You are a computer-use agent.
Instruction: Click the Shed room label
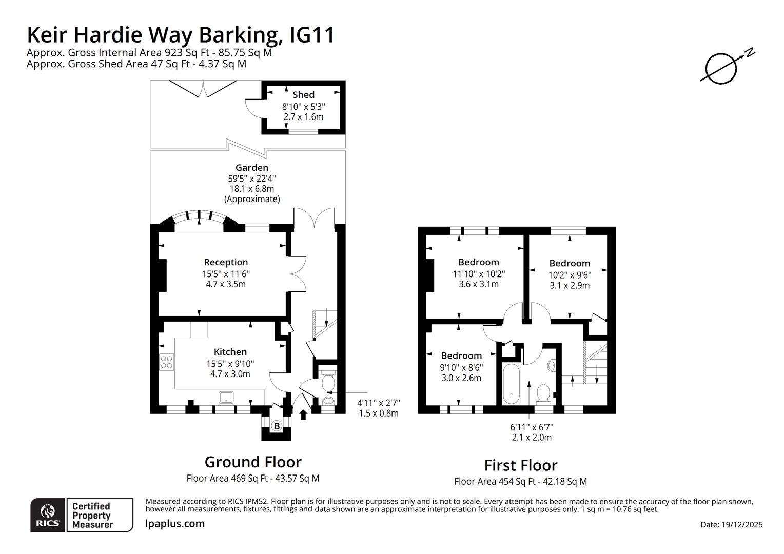click(x=303, y=95)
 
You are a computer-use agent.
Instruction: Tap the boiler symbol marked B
click(x=276, y=426)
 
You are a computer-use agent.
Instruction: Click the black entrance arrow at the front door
click(x=303, y=414)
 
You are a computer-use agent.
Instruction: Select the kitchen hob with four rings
click(x=166, y=362)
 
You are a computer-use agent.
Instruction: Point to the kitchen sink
click(x=226, y=397)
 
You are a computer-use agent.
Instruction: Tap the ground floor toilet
click(x=327, y=381)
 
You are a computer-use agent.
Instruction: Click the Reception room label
click(x=226, y=262)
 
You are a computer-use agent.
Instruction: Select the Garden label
click(x=251, y=168)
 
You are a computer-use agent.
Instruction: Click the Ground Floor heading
click(x=253, y=462)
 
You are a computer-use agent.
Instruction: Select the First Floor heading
click(x=520, y=465)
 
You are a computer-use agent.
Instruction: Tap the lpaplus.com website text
click(x=175, y=524)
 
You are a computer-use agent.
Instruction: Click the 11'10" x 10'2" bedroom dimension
click(x=479, y=274)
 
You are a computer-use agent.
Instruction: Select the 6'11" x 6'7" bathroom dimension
click(x=532, y=427)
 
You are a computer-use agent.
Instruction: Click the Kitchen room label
click(x=230, y=352)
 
